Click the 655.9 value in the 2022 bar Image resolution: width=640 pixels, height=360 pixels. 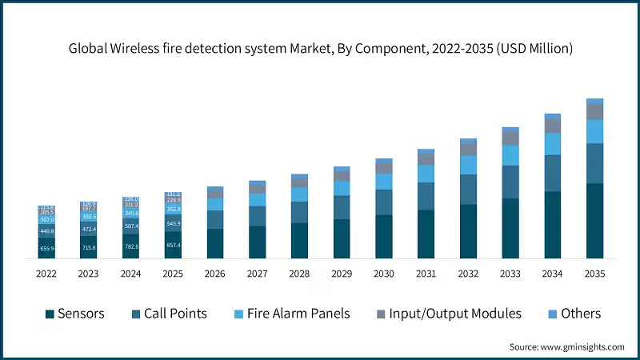point(46,249)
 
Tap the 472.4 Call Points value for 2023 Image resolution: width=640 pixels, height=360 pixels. point(88,228)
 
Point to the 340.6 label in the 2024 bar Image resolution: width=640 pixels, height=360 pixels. point(130,214)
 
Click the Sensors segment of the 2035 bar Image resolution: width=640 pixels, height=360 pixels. point(594,221)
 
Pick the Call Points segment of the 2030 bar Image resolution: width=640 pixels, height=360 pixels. point(384,202)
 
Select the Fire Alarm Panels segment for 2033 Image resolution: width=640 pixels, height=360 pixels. point(510,155)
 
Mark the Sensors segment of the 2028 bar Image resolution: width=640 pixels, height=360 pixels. point(300,240)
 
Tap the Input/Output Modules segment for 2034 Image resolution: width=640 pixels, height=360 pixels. point(553,126)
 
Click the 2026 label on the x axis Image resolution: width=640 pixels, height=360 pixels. point(214,274)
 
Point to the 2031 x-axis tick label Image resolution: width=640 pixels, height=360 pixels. point(426,274)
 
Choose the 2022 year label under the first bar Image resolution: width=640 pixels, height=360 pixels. point(46,274)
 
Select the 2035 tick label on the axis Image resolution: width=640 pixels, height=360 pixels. point(594,274)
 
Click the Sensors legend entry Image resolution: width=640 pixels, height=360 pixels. point(75,314)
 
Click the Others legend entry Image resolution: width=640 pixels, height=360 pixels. point(572,314)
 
